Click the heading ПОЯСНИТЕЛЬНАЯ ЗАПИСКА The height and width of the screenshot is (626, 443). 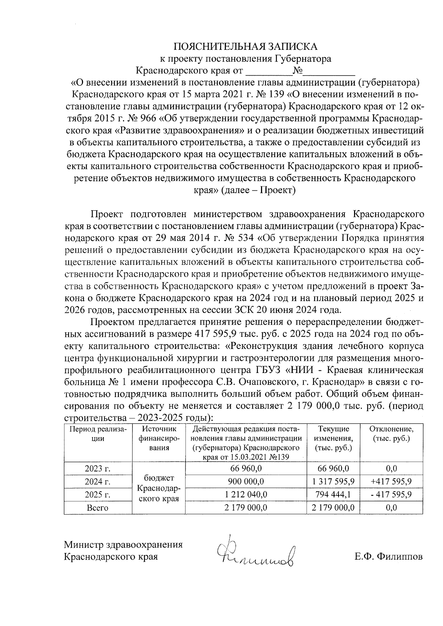tap(245, 46)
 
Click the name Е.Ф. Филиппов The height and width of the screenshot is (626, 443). tap(389, 556)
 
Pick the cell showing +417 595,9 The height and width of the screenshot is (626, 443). tap(391, 481)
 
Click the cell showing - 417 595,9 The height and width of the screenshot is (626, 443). tap(391, 494)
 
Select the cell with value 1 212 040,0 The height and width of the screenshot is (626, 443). tap(246, 494)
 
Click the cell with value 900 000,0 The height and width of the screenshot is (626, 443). tap(246, 481)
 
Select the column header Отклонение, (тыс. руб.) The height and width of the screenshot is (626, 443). tap(391, 434)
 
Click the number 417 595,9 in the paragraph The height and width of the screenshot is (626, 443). tap(214, 334)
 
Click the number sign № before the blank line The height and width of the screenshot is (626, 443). tap(298, 70)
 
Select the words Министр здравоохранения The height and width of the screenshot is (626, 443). tap(123, 545)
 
